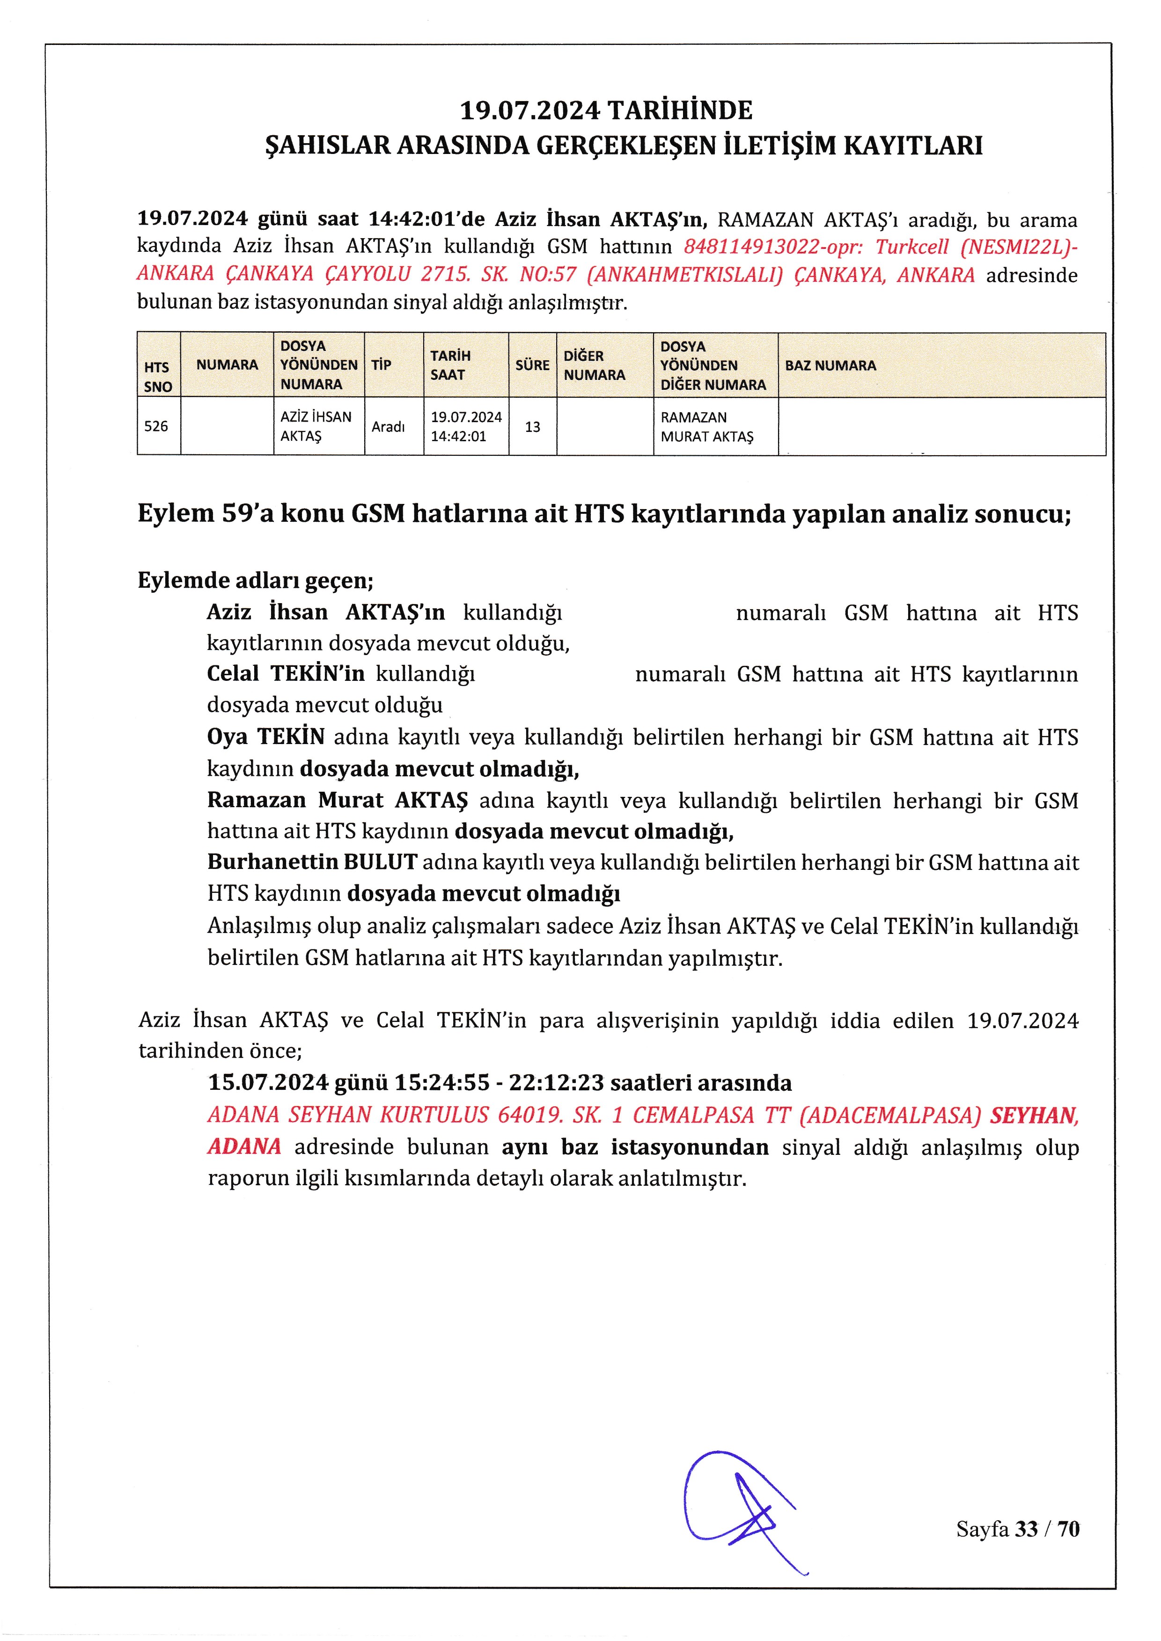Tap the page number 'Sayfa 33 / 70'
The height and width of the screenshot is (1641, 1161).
1017,1529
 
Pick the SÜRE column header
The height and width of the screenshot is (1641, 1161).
533,365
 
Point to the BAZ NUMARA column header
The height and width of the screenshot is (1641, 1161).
830,365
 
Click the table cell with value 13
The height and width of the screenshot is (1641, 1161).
533,427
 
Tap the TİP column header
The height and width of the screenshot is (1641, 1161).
381,365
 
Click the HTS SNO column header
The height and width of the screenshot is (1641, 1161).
157,377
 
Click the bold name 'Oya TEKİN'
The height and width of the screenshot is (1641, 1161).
265,737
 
